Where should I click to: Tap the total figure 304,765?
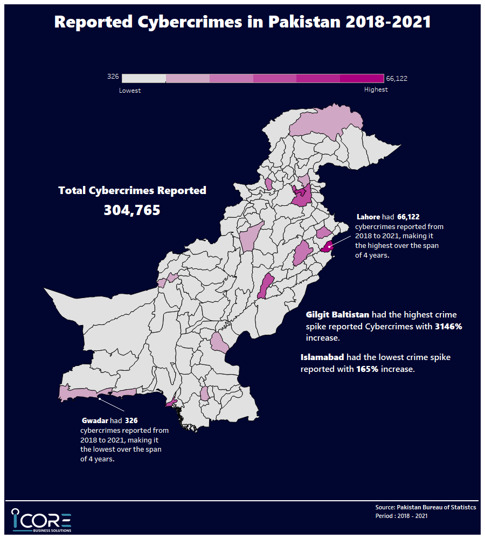click(132, 210)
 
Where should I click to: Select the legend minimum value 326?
click(113, 77)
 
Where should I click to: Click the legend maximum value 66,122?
click(397, 79)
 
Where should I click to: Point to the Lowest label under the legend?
click(130, 91)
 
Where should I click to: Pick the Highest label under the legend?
click(376, 89)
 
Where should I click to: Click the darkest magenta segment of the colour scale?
click(362, 79)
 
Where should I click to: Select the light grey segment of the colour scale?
click(144, 79)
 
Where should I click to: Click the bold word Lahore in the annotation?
click(368, 217)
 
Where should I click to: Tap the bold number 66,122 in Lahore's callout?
click(408, 217)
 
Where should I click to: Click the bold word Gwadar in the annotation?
click(95, 420)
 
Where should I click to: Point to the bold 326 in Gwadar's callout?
click(131, 420)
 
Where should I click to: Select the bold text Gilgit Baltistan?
click(337, 314)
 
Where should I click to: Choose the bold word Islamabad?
click(322, 357)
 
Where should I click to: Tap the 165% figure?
click(367, 369)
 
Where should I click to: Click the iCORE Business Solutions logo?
click(41, 520)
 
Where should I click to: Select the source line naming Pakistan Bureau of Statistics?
click(425, 508)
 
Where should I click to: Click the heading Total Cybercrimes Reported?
click(132, 190)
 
